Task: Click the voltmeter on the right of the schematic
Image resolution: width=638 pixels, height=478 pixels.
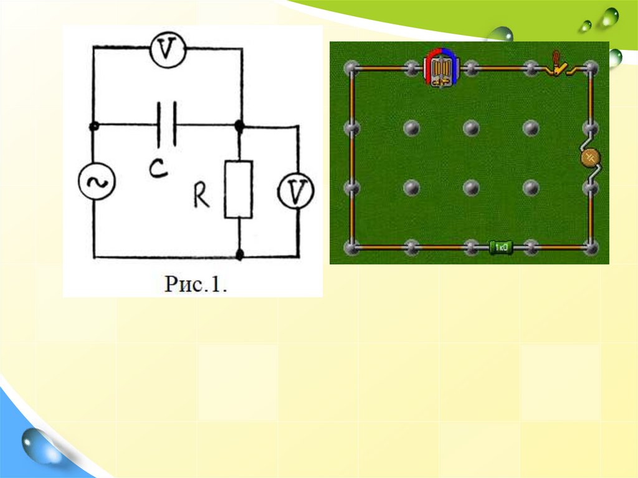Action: point(295,191)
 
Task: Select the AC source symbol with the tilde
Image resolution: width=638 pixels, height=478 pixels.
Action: point(95,182)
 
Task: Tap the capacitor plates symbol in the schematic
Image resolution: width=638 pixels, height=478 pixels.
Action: point(166,125)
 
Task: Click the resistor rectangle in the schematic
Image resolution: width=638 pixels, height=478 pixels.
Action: point(239,189)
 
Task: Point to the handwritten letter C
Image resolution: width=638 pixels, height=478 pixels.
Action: point(158,168)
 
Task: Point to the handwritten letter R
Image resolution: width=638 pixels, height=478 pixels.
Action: point(201,196)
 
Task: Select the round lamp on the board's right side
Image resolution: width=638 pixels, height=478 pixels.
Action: point(590,158)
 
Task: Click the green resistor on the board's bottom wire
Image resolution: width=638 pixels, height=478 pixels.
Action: point(500,247)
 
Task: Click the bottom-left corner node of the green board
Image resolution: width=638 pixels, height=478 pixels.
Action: point(351,247)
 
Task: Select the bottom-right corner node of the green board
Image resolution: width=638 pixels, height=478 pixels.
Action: point(591,247)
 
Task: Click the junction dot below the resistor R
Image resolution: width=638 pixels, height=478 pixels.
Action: point(240,254)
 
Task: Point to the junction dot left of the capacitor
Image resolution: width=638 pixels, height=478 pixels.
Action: point(94,127)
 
